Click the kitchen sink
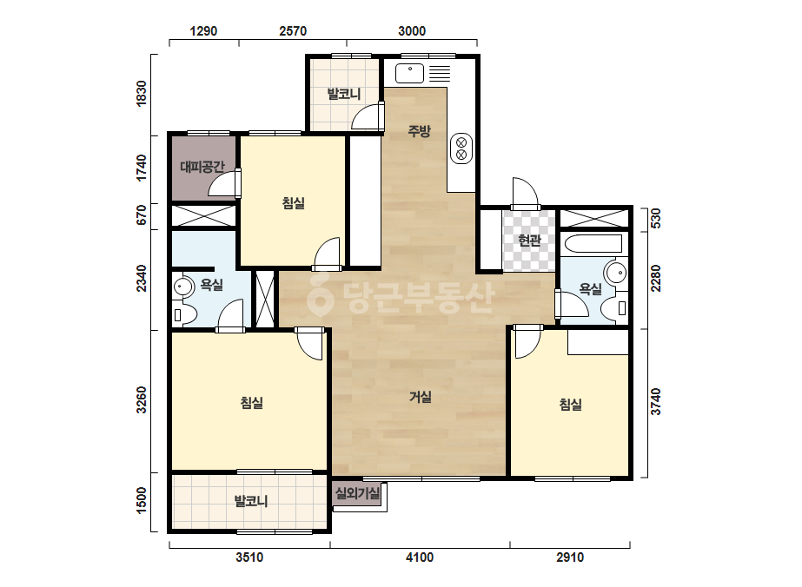tap(410, 73)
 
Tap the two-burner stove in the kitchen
tap(461, 148)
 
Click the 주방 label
tap(419, 131)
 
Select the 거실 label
tap(420, 397)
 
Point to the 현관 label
tap(529, 240)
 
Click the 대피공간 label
tap(202, 166)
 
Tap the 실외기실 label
tap(357, 493)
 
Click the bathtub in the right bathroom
tap(593, 244)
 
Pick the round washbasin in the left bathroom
tap(182, 287)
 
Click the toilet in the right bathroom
tap(615, 308)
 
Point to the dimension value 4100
tap(420, 557)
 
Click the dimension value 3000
tap(412, 31)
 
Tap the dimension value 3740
tap(655, 402)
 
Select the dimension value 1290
tap(203, 31)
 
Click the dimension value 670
tap(141, 214)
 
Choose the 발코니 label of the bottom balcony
tap(251, 500)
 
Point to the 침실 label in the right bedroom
tap(570, 405)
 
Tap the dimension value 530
tap(655, 218)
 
